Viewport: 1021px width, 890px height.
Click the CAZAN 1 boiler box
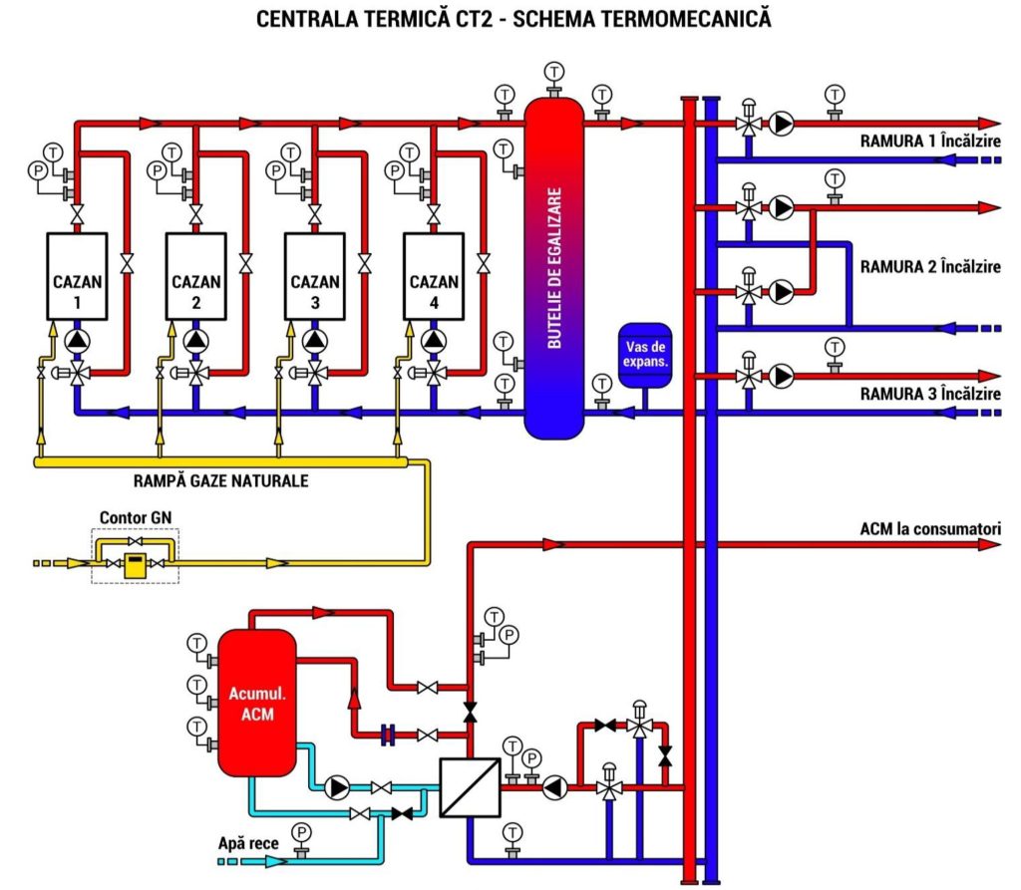click(78, 276)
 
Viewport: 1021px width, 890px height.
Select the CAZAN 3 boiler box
click(315, 276)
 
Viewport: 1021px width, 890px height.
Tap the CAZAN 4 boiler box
click(434, 276)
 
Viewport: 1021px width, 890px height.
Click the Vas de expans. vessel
click(645, 353)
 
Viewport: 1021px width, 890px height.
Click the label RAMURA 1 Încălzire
click(930, 141)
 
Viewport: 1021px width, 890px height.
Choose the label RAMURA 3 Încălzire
click(930, 395)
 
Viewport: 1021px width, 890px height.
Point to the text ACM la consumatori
click(930, 528)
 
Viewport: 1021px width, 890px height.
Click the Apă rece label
click(248, 843)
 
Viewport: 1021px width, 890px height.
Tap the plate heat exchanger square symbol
click(469, 786)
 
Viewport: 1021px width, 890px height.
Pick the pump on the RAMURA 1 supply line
click(783, 125)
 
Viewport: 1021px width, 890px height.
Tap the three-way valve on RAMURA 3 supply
click(746, 377)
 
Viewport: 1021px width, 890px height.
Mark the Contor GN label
click(133, 518)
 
